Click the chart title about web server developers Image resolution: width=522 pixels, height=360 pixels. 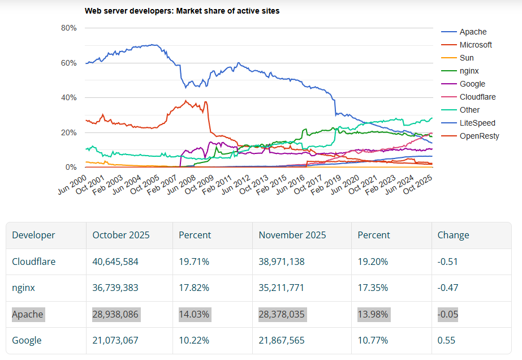[182, 11]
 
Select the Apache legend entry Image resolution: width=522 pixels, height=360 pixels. [472, 32]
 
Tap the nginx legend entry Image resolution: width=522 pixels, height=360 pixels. [469, 71]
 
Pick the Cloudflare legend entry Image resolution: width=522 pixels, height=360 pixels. [477, 97]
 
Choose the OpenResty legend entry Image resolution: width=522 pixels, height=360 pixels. [479, 136]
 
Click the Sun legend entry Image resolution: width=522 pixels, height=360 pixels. [466, 58]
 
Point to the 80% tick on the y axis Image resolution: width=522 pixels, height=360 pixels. [68, 28]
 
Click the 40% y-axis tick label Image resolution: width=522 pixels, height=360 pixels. [68, 98]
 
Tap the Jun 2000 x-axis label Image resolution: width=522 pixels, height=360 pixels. [72, 185]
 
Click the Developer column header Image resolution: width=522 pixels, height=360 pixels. [34, 235]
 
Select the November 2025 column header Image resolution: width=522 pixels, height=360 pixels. [292, 235]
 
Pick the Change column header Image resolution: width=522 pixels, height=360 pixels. [454, 235]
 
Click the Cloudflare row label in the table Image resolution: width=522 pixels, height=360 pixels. [34, 262]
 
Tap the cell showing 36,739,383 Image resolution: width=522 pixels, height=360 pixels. [115, 288]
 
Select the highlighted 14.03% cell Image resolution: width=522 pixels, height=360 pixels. [194, 314]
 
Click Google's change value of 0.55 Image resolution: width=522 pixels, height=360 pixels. [446, 340]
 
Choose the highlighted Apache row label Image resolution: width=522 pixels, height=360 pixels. [28, 314]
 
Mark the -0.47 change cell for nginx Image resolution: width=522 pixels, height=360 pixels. [448, 288]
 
